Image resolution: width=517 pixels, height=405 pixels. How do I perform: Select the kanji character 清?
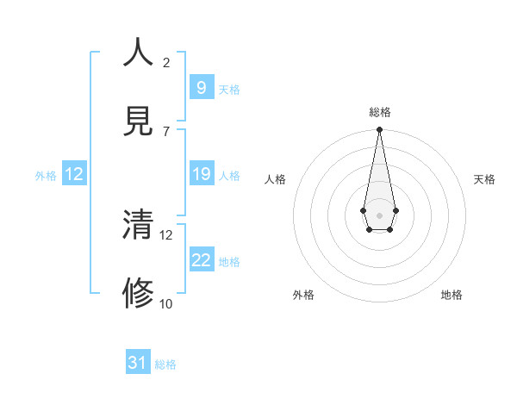[x=139, y=226]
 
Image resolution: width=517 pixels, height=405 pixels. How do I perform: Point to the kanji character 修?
[x=139, y=294]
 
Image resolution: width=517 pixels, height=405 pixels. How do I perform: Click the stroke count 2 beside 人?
[x=166, y=62]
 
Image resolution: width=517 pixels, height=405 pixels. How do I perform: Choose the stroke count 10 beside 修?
[x=166, y=303]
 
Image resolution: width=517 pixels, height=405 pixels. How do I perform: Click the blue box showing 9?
[x=201, y=87]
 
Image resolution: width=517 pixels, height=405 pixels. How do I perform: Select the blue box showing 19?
[x=201, y=174]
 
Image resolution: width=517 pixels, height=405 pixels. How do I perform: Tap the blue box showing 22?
[x=201, y=260]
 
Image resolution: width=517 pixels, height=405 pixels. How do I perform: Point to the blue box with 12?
[x=74, y=174]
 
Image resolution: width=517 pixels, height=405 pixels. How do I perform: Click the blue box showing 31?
[x=138, y=363]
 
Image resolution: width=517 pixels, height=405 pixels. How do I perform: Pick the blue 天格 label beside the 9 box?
[x=229, y=90]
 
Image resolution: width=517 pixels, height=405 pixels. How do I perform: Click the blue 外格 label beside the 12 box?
[x=46, y=176]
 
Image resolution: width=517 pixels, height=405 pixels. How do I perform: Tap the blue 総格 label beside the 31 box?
[x=165, y=364]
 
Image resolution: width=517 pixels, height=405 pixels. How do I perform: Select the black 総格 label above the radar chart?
[x=379, y=112]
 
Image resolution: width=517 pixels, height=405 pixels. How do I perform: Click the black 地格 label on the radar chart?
[x=452, y=295]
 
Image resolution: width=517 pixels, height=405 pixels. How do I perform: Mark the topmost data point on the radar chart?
[x=379, y=129]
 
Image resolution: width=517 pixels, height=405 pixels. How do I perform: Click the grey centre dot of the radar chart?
[x=379, y=214]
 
